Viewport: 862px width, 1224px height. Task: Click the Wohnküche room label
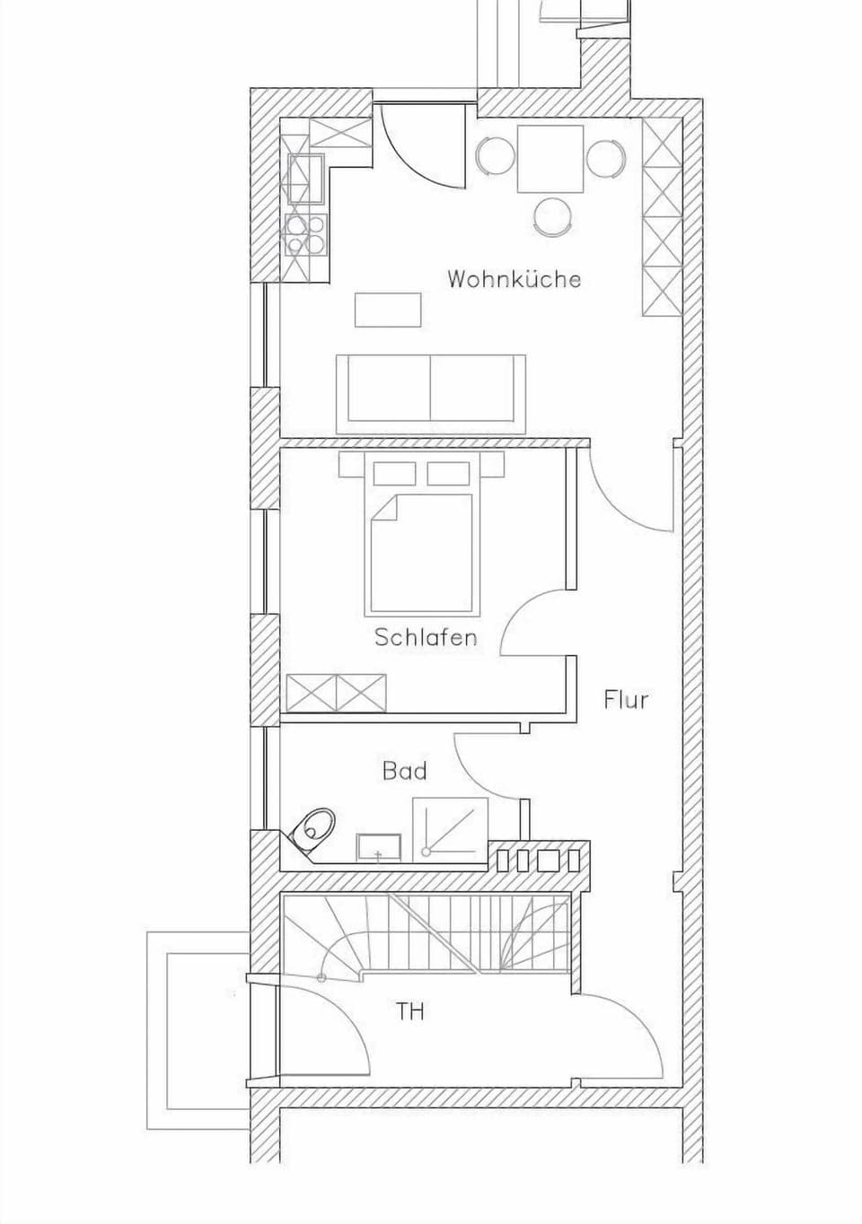[514, 279]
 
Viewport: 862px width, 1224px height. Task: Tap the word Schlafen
[425, 638]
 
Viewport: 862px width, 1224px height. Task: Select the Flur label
[626, 699]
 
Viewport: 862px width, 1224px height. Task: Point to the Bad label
[404, 771]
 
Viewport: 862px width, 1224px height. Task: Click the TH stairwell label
[410, 1012]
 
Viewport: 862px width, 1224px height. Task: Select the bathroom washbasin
[378, 846]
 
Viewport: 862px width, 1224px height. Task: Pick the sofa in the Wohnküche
[431, 392]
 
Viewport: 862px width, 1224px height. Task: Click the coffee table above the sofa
[388, 310]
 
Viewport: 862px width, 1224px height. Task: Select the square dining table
[550, 158]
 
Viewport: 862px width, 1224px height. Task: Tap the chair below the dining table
[551, 215]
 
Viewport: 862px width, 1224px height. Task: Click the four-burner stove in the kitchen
[304, 232]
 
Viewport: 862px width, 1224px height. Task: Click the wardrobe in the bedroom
[336, 694]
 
